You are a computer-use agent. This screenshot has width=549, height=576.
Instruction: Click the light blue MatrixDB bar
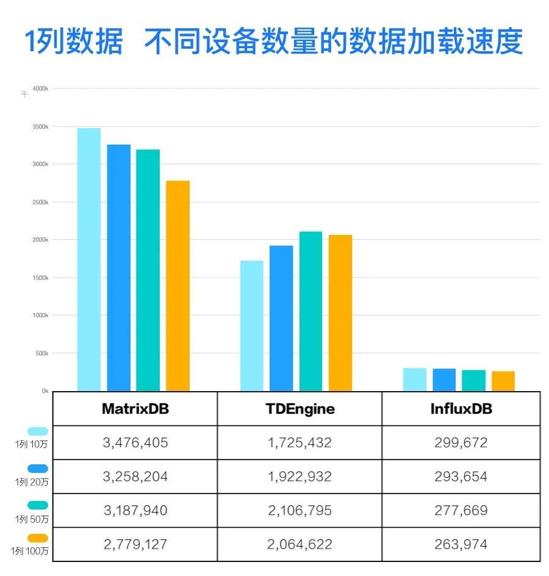[x=89, y=259]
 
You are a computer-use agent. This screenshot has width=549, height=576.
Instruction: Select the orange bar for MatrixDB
[x=178, y=286]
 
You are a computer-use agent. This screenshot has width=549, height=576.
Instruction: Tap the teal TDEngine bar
[x=310, y=311]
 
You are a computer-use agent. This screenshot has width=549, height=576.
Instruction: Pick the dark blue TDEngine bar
[x=281, y=318]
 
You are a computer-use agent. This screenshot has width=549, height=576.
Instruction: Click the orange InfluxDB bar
[x=503, y=381]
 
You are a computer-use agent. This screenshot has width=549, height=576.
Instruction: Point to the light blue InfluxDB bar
[x=415, y=379]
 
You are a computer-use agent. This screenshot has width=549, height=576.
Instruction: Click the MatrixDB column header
[x=135, y=409]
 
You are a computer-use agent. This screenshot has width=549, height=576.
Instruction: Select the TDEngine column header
[x=300, y=409]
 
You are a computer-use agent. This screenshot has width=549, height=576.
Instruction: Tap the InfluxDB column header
[x=461, y=409]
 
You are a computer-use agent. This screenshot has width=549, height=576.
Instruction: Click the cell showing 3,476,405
[x=135, y=442]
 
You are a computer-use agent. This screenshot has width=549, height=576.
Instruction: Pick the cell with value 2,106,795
[x=300, y=510]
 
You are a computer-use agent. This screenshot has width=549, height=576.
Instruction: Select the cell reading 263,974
[x=461, y=544]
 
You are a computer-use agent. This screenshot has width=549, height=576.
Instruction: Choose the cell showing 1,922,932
[x=300, y=477]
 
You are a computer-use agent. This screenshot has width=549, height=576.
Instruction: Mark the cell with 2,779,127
[x=135, y=544]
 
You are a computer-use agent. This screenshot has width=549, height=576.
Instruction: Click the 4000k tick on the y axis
[x=40, y=88]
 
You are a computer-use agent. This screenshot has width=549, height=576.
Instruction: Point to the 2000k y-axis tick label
[x=40, y=240]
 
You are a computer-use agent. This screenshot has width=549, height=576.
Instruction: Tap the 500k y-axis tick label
[x=41, y=353]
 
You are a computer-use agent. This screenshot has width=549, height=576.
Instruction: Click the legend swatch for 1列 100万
[x=38, y=538]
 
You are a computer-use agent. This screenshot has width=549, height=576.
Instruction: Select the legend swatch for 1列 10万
[x=38, y=431]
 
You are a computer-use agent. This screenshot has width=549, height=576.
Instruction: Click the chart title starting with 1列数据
[x=274, y=41]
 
